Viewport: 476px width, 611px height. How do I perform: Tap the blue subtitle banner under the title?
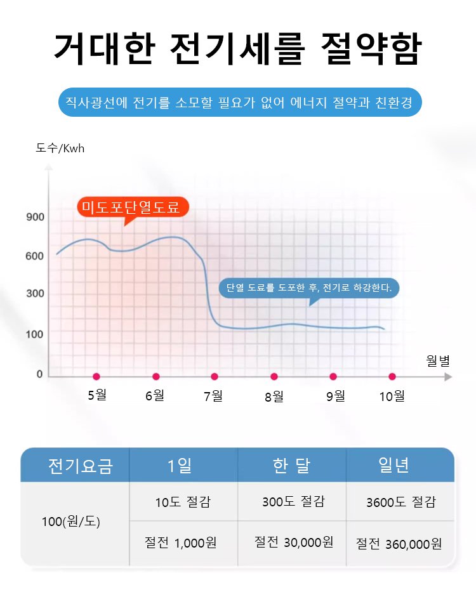tap(240, 102)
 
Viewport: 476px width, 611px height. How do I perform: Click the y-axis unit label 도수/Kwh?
tap(60, 148)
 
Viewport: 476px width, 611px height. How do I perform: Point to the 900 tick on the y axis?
tap(36, 218)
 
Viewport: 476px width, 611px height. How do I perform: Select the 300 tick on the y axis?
tap(36, 294)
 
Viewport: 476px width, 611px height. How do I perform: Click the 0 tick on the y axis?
tap(39, 374)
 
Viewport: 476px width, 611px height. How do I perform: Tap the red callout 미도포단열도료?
tap(132, 206)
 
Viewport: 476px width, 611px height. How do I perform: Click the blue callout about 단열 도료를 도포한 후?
tap(309, 288)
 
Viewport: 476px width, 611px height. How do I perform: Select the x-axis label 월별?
tap(437, 361)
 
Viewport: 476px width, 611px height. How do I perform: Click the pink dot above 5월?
tap(96, 377)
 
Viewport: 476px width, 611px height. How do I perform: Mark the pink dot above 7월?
tap(215, 377)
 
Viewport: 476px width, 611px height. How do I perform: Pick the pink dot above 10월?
tap(392, 377)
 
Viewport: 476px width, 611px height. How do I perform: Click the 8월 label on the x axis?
tap(274, 397)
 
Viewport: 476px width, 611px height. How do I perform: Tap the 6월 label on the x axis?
tap(155, 396)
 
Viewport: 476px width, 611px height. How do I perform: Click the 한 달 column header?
tap(291, 466)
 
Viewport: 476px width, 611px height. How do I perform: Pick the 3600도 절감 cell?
tap(400, 502)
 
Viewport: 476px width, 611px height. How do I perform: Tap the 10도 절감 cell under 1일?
tap(183, 502)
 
